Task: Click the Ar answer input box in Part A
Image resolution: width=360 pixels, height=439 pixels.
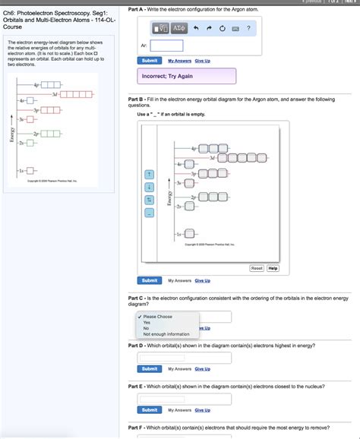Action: pyautogui.click(x=166, y=46)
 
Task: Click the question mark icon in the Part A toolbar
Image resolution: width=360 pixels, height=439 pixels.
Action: pyautogui.click(x=248, y=28)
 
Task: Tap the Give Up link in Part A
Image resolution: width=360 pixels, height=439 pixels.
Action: pyautogui.click(x=202, y=61)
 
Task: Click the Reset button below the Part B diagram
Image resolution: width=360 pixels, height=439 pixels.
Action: pyautogui.click(x=257, y=268)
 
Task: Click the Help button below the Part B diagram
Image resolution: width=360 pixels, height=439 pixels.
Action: pyautogui.click(x=273, y=268)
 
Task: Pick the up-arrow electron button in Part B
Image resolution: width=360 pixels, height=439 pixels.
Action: pyautogui.click(x=150, y=174)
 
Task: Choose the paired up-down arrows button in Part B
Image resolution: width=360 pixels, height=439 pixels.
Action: pyautogui.click(x=150, y=200)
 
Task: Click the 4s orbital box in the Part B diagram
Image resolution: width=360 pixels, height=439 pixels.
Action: pyautogui.click(x=189, y=165)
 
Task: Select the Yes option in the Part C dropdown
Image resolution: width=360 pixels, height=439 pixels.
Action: pyautogui.click(x=147, y=322)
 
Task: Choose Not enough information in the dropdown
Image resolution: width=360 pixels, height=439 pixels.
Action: pyautogui.click(x=166, y=334)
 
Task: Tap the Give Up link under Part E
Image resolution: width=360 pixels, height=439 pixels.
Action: pyautogui.click(x=202, y=410)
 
